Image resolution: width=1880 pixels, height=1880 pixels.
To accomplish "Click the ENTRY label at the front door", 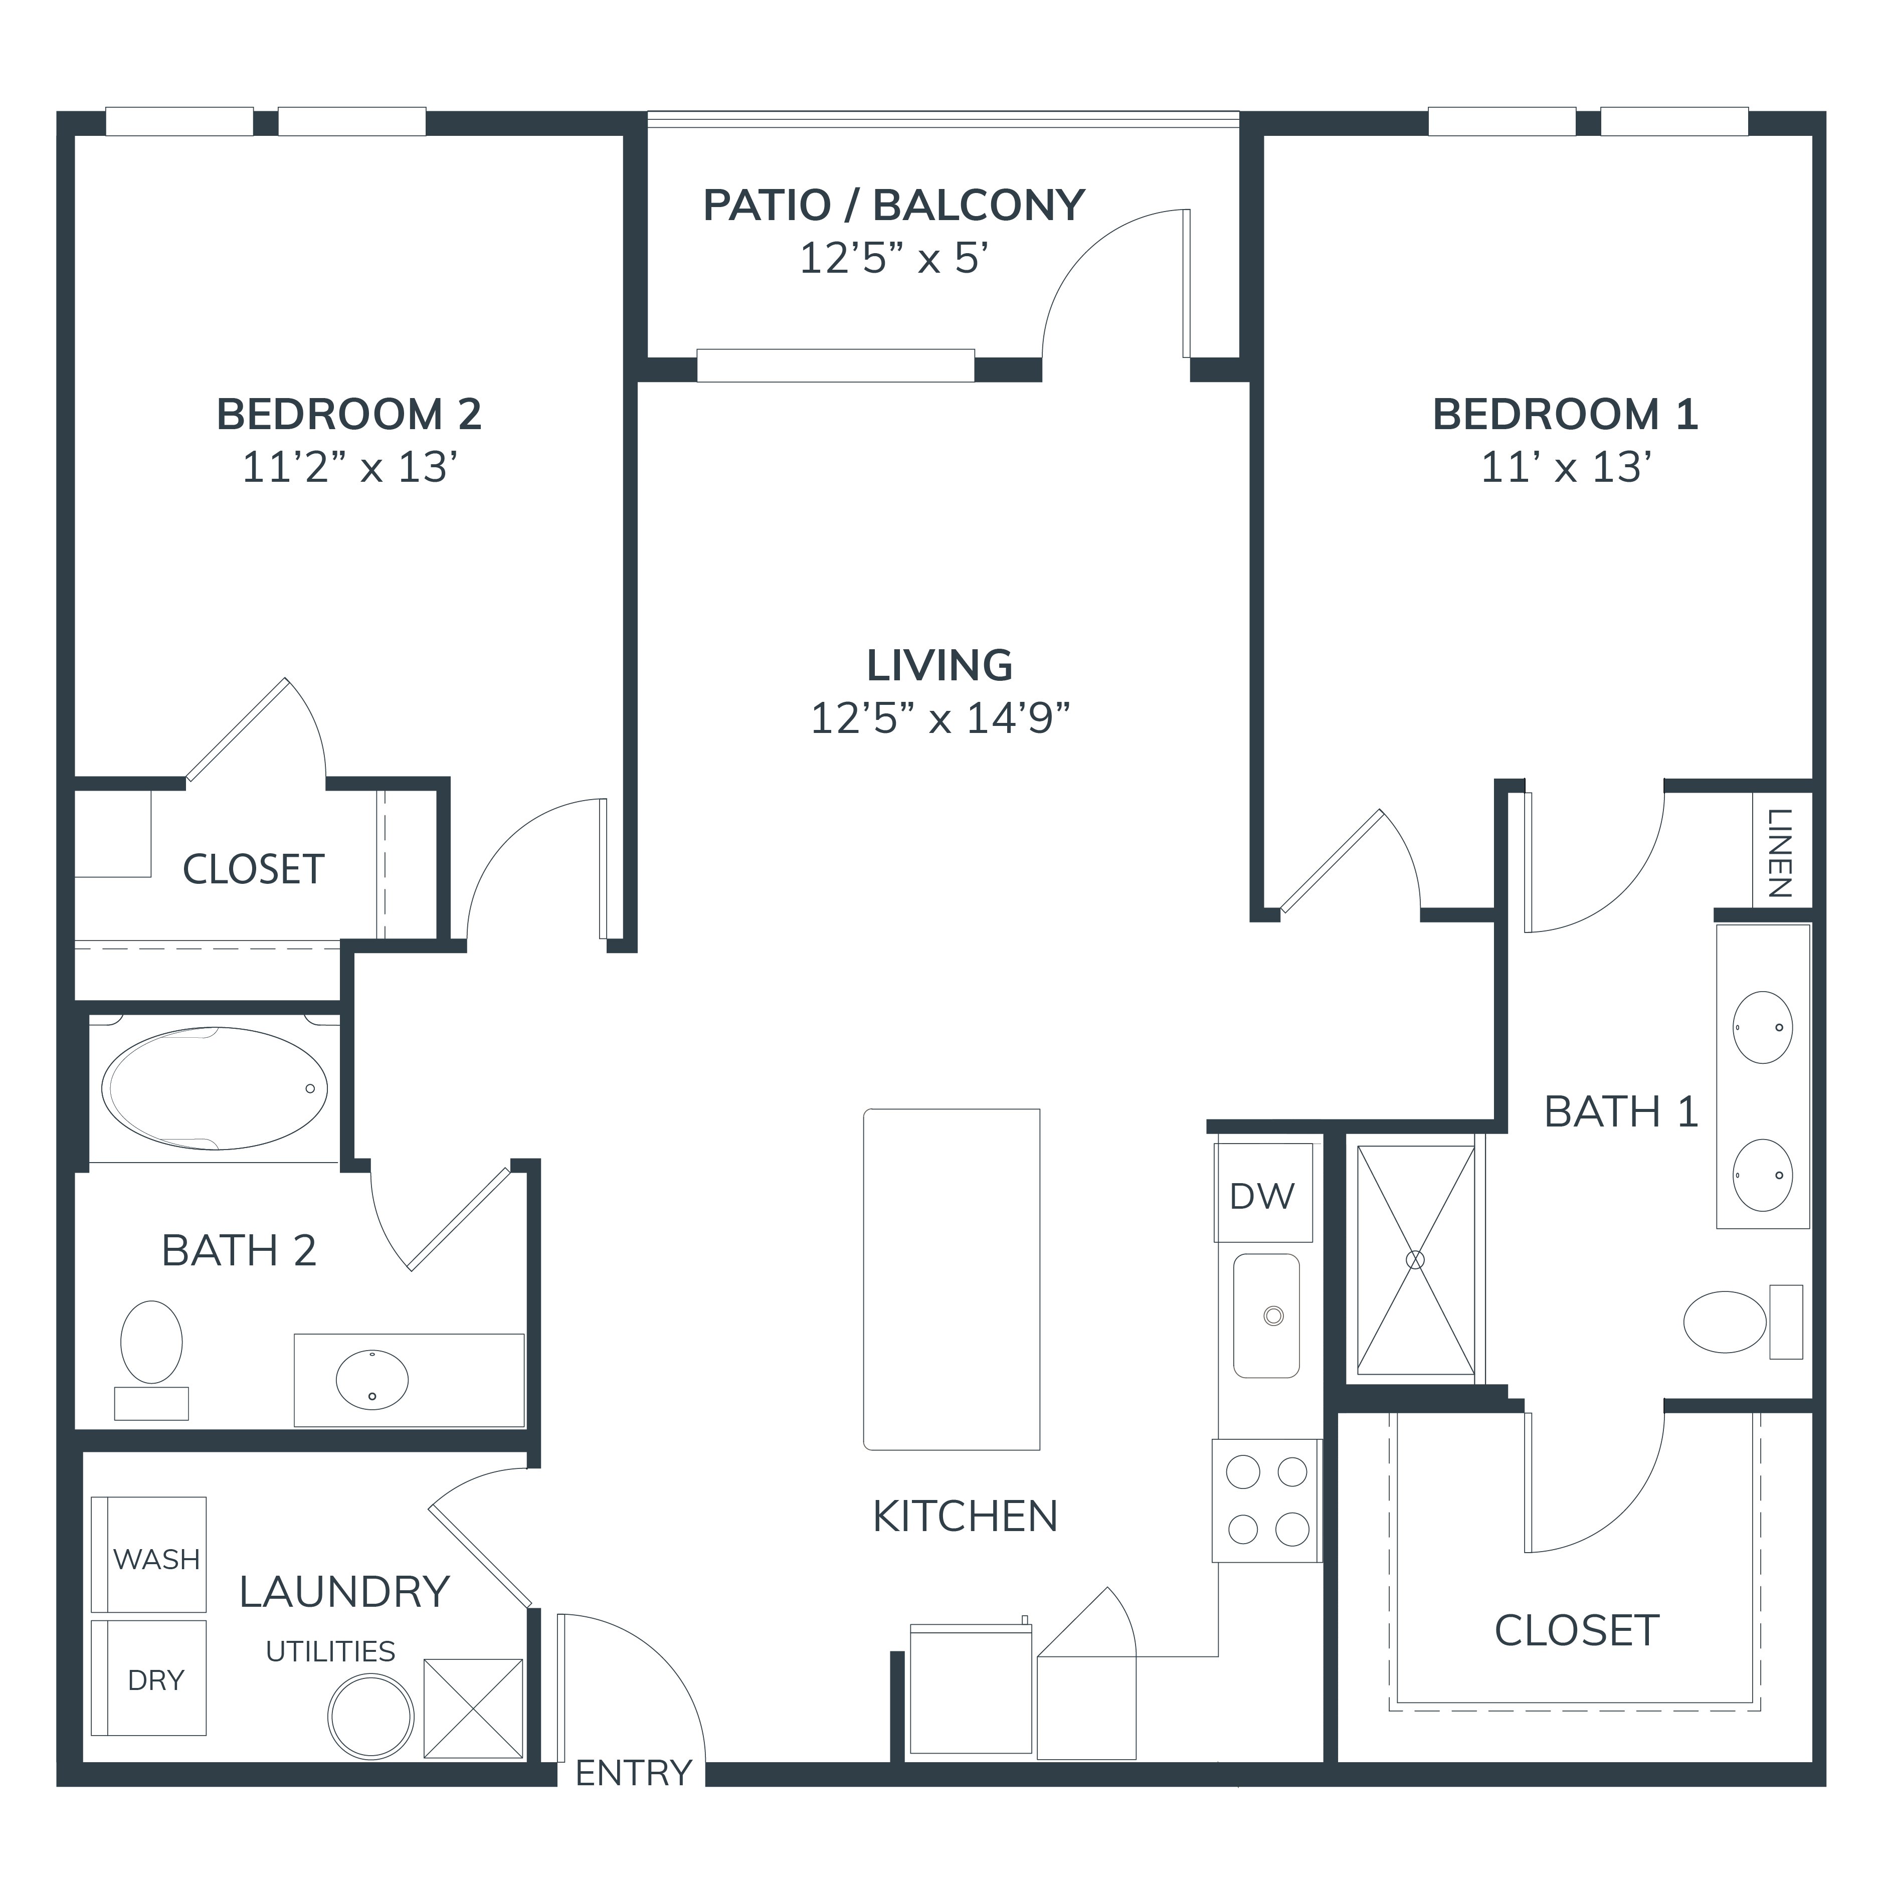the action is [x=634, y=1773].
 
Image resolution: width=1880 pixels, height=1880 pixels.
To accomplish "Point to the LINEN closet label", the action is [x=1780, y=853].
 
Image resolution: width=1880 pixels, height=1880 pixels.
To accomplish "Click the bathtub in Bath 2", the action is [x=214, y=1088].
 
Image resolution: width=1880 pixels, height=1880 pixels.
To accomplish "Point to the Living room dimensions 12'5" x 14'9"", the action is [x=940, y=719].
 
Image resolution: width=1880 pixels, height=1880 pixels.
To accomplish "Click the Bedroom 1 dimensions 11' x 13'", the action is [x=1566, y=468].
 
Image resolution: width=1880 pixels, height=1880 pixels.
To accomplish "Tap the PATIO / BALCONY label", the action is [x=893, y=206].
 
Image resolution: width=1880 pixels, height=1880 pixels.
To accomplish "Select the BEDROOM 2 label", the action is [x=349, y=415].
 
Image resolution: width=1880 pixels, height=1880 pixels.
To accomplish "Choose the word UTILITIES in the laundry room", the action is [x=331, y=1651].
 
